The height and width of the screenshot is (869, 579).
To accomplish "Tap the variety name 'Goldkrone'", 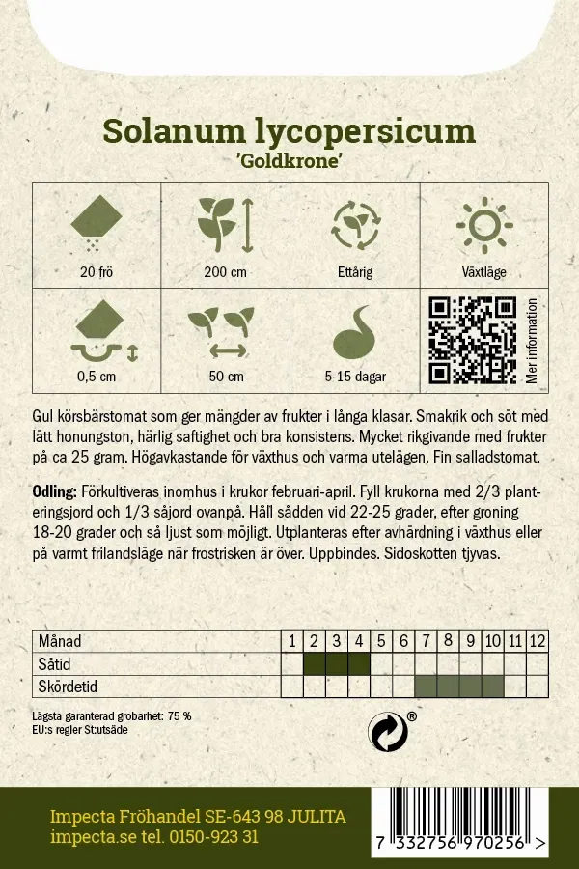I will (x=289, y=161).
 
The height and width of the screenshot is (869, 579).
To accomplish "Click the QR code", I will (x=473, y=340).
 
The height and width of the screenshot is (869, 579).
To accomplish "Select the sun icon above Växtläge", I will (x=484, y=226).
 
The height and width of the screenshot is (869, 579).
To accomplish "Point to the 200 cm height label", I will (x=225, y=272).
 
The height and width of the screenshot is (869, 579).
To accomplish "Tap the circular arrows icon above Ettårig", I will (x=354, y=226).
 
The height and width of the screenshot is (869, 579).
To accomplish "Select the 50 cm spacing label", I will (x=225, y=377).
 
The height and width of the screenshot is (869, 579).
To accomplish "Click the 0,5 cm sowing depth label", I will (x=96, y=377).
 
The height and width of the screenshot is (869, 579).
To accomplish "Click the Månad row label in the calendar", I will (x=59, y=641).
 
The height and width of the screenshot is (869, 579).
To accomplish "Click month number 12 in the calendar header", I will (x=538, y=641).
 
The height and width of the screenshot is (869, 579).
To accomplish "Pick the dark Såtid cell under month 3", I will (x=336, y=663).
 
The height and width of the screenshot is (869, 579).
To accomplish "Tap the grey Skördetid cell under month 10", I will (x=492, y=687).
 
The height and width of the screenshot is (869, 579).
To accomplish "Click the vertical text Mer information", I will (x=532, y=340).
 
